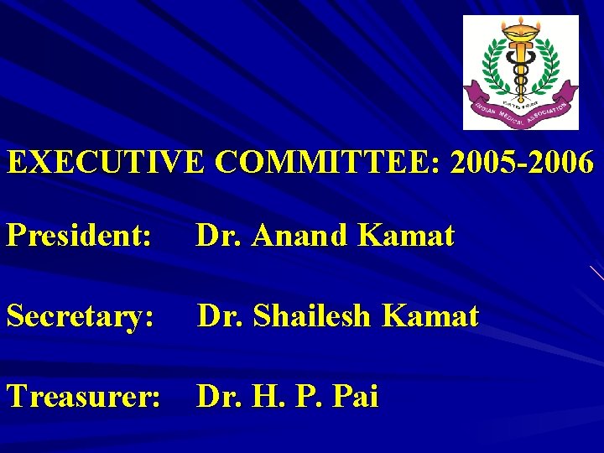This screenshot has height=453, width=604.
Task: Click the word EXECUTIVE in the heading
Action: click(x=106, y=162)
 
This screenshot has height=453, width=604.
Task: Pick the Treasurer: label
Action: click(x=84, y=396)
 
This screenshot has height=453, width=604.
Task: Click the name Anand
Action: click(x=302, y=237)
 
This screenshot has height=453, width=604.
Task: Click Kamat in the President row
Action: click(x=406, y=237)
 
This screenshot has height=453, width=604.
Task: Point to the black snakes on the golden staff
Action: click(x=521, y=71)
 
